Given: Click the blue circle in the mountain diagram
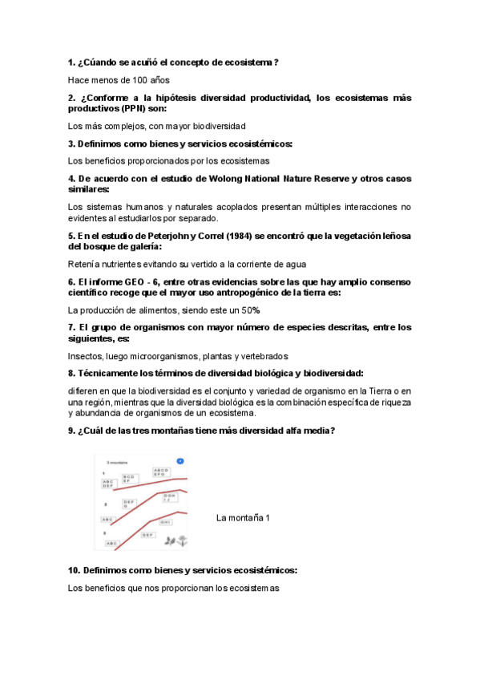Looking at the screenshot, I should click(x=180, y=461).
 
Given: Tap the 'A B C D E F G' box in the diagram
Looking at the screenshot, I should click(x=161, y=472).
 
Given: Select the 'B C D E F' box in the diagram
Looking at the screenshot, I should click(x=131, y=480).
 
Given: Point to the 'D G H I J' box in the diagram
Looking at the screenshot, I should click(x=170, y=498).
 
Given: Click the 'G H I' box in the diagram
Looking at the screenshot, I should click(x=165, y=522).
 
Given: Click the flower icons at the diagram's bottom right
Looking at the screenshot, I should click(x=175, y=541).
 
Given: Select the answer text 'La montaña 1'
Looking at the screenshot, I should click(x=243, y=518).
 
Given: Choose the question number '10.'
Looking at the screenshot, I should click(x=75, y=570).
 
